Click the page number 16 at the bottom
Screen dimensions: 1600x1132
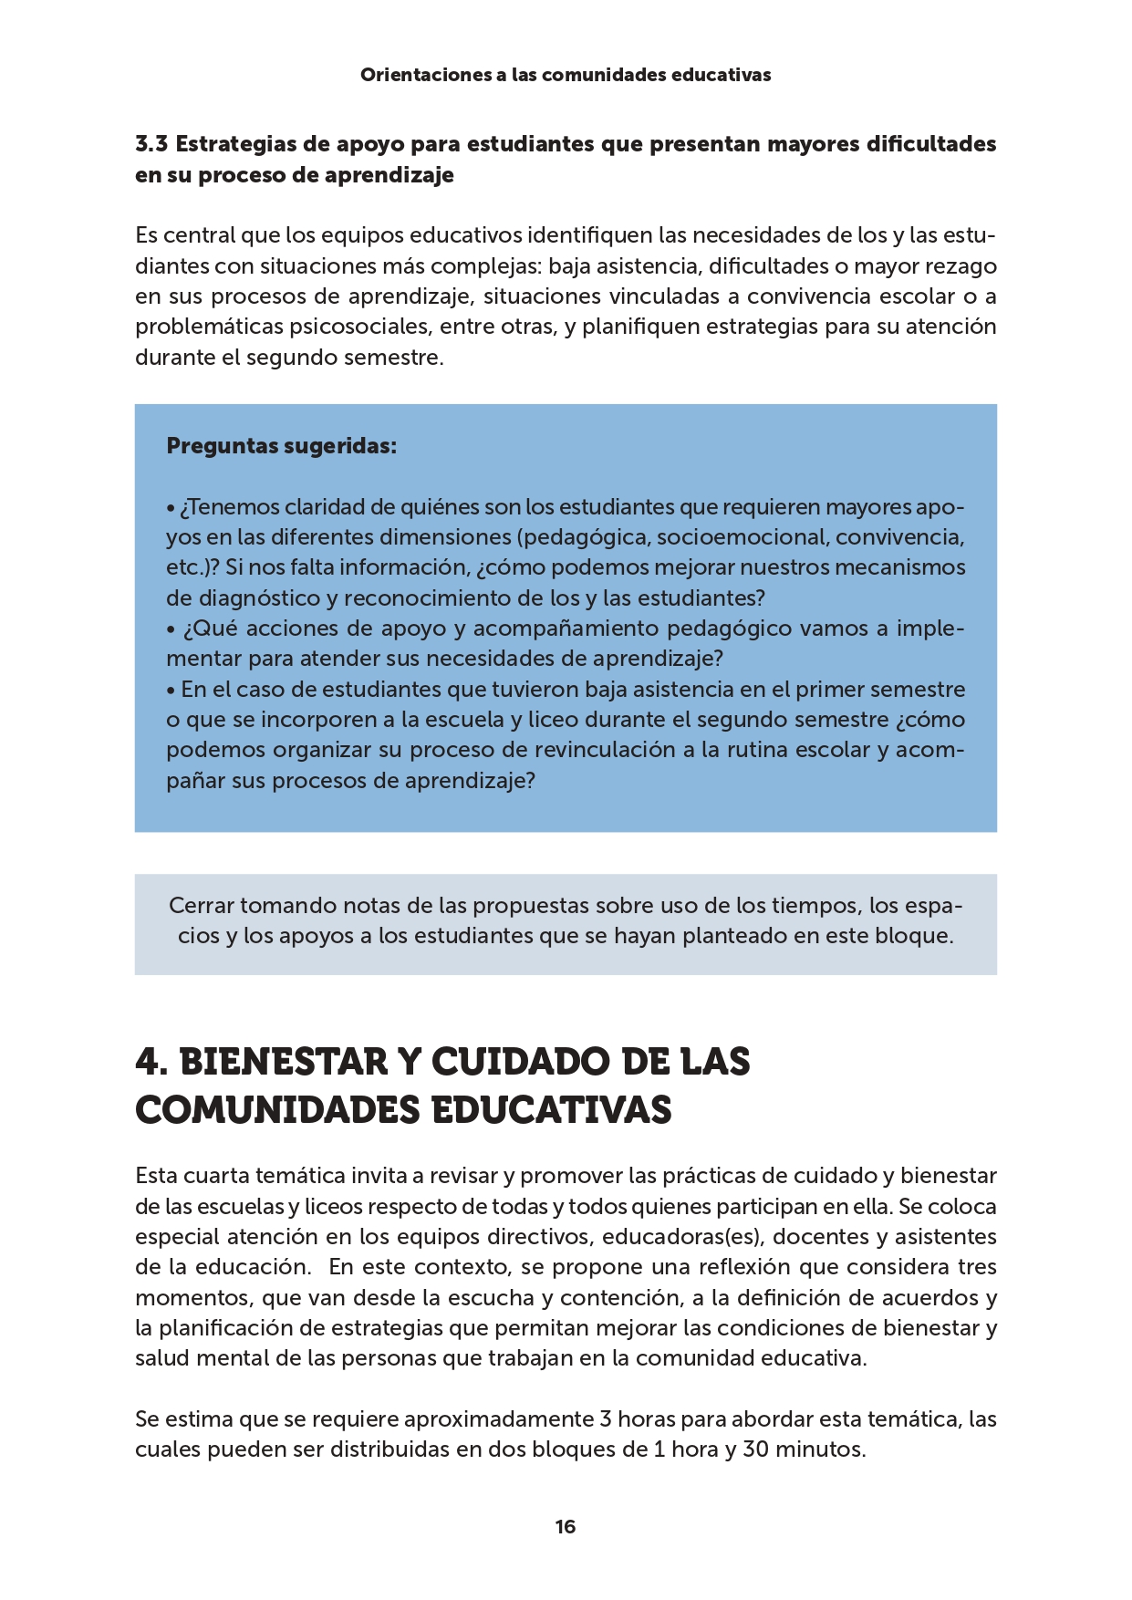tap(565, 1526)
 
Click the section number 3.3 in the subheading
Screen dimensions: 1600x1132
tap(151, 144)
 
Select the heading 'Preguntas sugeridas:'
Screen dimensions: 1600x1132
tap(281, 446)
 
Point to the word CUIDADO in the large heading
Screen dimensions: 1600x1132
tap(517, 1063)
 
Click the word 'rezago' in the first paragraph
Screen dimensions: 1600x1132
tap(961, 266)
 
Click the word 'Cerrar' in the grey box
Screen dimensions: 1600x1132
tap(202, 906)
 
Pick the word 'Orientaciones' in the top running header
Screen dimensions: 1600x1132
tap(425, 75)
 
